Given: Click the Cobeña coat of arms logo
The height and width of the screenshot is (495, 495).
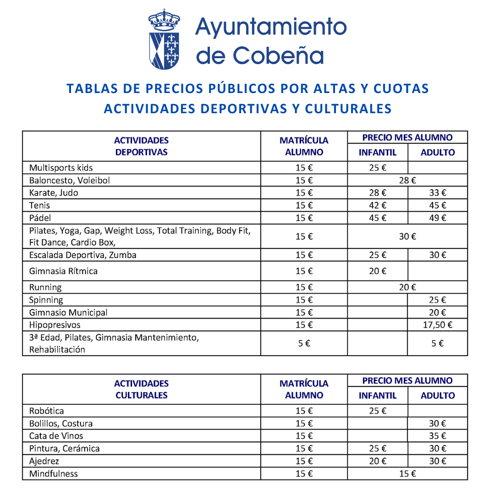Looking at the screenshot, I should click(x=164, y=39).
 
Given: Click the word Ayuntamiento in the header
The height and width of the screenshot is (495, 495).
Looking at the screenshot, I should click(x=270, y=27).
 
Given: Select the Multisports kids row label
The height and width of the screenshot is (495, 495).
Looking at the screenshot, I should click(x=61, y=168).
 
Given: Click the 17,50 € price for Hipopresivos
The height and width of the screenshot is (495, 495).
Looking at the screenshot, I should click(x=437, y=325).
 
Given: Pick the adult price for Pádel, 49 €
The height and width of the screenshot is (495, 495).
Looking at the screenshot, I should click(x=437, y=218).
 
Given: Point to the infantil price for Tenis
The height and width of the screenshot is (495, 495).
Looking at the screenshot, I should click(x=378, y=205).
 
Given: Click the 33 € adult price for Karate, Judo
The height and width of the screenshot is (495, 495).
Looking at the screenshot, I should click(x=437, y=193).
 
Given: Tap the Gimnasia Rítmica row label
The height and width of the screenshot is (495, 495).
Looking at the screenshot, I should click(x=63, y=271).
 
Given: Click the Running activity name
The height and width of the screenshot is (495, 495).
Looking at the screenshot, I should click(x=45, y=287).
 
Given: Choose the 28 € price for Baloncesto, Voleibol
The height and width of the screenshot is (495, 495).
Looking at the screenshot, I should click(x=407, y=181).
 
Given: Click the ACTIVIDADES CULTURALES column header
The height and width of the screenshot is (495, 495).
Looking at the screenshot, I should click(x=141, y=389).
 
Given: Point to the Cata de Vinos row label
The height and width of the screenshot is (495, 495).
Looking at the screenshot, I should click(x=56, y=436).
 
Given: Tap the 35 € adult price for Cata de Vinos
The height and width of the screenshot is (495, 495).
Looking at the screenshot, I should click(x=437, y=436).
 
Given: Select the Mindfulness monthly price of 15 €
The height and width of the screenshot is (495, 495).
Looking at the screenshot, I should click(x=407, y=473).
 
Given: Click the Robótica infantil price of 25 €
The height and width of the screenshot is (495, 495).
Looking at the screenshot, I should click(x=378, y=411).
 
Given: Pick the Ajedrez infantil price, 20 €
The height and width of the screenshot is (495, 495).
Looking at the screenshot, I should click(x=378, y=461).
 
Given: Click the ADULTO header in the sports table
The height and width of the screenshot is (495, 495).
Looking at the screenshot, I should click(x=437, y=153).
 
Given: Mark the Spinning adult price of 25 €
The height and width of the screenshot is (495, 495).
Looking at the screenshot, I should click(x=437, y=300).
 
